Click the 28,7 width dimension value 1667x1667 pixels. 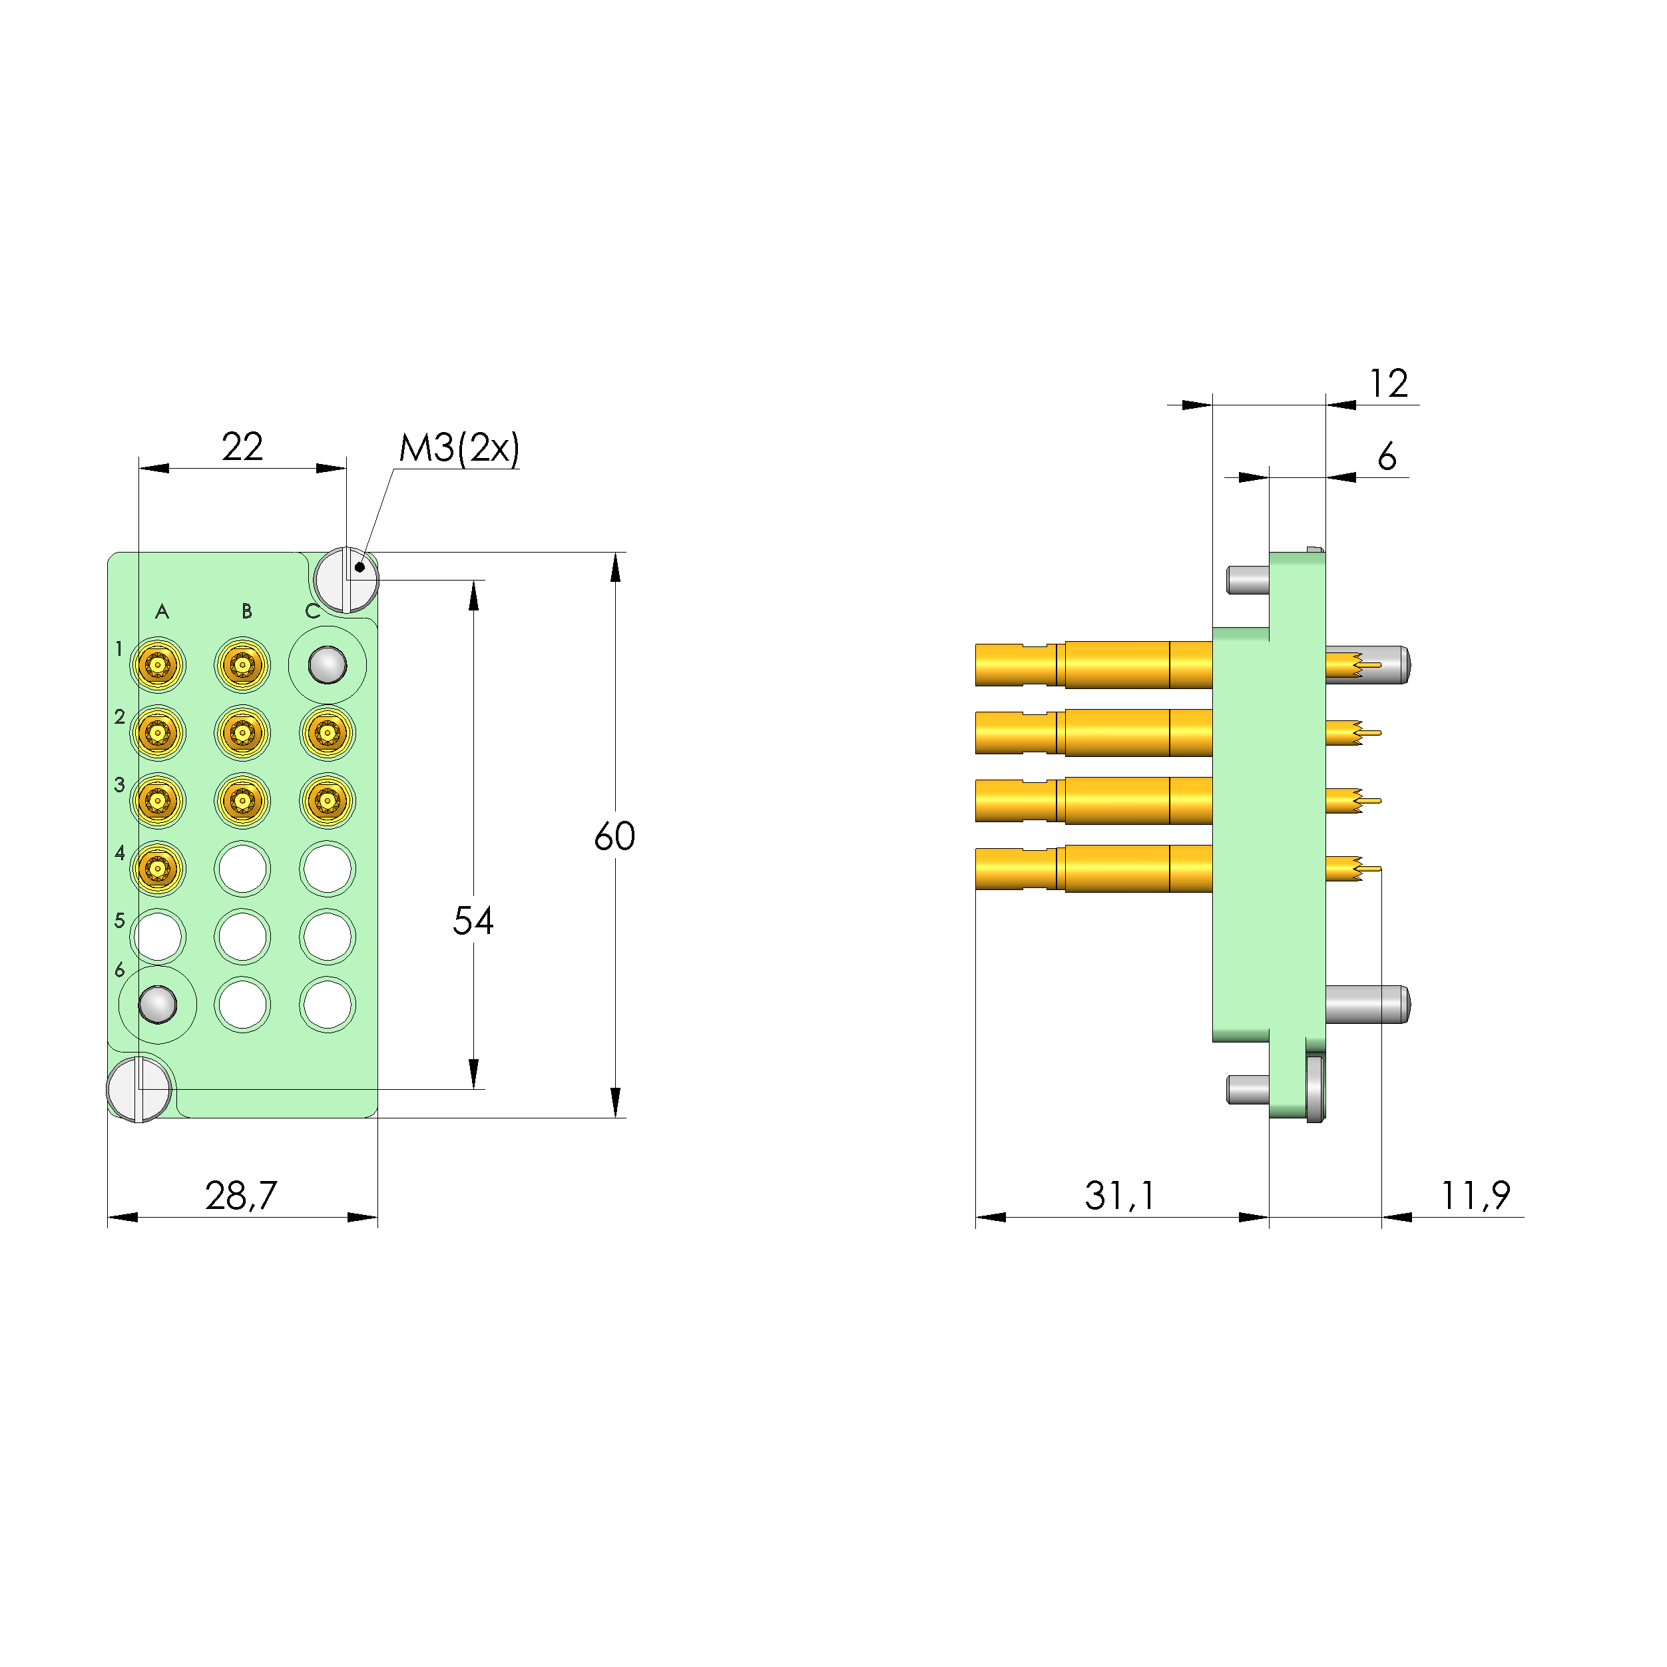[241, 1195]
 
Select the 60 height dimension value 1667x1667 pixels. [614, 836]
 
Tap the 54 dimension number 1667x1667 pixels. [473, 921]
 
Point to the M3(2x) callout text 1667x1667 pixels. [459, 448]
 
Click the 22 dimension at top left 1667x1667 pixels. [242, 446]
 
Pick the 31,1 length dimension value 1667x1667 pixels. [1119, 1195]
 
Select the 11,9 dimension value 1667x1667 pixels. [1475, 1195]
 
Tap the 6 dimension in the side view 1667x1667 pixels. [1387, 457]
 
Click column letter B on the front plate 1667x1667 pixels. [247, 612]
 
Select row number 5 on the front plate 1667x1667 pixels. [120, 921]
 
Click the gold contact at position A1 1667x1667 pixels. [158, 665]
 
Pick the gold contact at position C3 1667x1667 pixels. [327, 801]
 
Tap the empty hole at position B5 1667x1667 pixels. [242, 937]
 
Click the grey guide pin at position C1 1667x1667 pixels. [327, 665]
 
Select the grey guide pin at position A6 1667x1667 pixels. [158, 1005]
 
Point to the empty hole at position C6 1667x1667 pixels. [327, 1005]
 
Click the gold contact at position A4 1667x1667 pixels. [158, 868]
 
